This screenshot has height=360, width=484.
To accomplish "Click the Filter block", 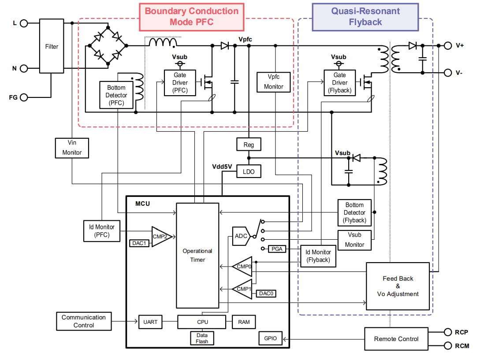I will pos(52,46).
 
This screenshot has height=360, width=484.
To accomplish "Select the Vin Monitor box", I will pos(72,148).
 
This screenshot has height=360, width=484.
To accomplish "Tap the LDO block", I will pos(249,171).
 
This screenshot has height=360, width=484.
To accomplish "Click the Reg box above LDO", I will pos(249,144).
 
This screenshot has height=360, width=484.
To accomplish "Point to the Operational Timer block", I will pos(197,255).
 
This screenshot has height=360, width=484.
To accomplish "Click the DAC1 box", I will pos(139,243).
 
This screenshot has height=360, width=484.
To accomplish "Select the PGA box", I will pos(276,249).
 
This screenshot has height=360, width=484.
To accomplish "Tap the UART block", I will pos(150,322).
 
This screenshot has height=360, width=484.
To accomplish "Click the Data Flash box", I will pos(202,338).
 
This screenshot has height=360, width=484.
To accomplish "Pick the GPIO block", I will pos(270,338).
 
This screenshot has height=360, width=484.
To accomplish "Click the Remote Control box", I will pos(396,339).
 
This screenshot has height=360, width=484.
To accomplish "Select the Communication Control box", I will pos(84,321).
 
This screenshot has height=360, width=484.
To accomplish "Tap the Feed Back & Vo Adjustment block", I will pos(398,286).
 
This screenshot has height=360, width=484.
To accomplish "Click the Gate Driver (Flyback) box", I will pos(339,82).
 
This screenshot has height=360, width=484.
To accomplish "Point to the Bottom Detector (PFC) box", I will pos(116,95).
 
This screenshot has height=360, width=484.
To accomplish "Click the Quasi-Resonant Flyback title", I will pos(365,17).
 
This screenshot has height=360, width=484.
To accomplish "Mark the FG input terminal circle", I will pos(24,97).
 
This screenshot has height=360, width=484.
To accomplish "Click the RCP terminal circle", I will pos(447,332).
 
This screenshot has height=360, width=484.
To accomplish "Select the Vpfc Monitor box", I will pos(274,82).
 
